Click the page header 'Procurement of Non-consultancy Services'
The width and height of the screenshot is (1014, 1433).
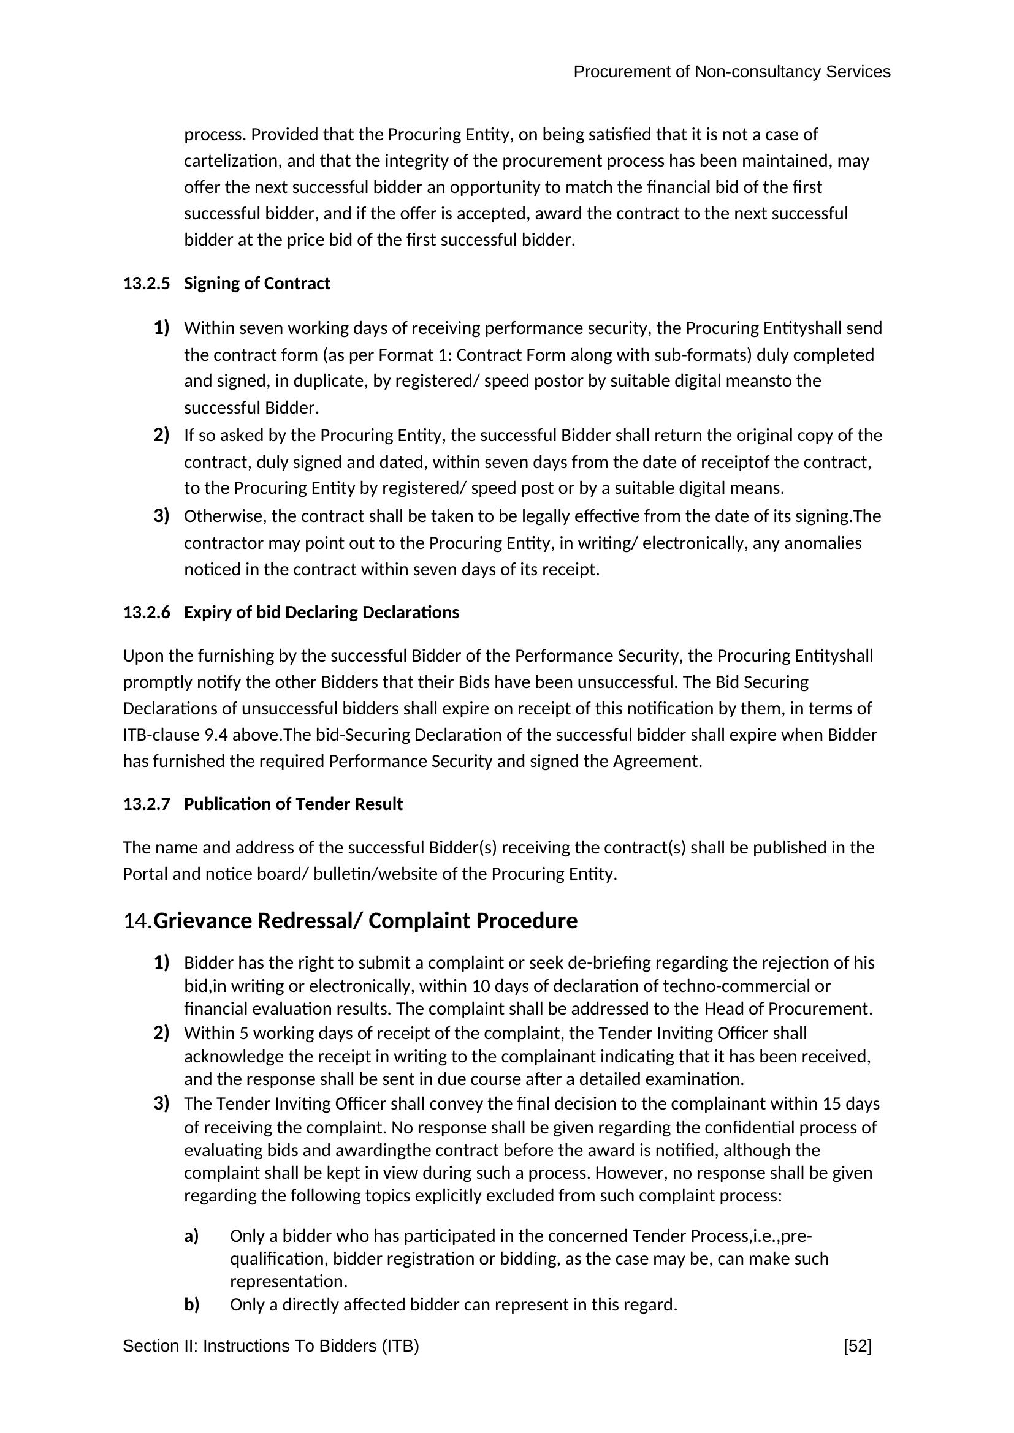pos(731,72)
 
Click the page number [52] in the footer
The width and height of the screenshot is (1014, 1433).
pos(857,1345)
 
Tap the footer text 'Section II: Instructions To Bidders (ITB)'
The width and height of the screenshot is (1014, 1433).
pos(270,1345)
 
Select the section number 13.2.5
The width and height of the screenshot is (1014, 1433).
pos(146,284)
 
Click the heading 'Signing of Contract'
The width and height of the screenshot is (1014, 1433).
pos(257,284)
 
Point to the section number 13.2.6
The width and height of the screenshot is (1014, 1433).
pos(146,612)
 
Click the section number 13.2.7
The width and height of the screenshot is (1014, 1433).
pos(146,804)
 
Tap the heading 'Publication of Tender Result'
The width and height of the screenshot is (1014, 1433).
pos(293,804)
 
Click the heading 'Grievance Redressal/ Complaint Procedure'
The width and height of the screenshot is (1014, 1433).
pos(365,921)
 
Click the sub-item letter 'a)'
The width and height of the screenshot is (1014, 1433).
pos(191,1236)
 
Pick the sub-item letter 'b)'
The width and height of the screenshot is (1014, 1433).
pos(191,1304)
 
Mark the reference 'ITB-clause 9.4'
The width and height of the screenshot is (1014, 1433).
pos(175,735)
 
